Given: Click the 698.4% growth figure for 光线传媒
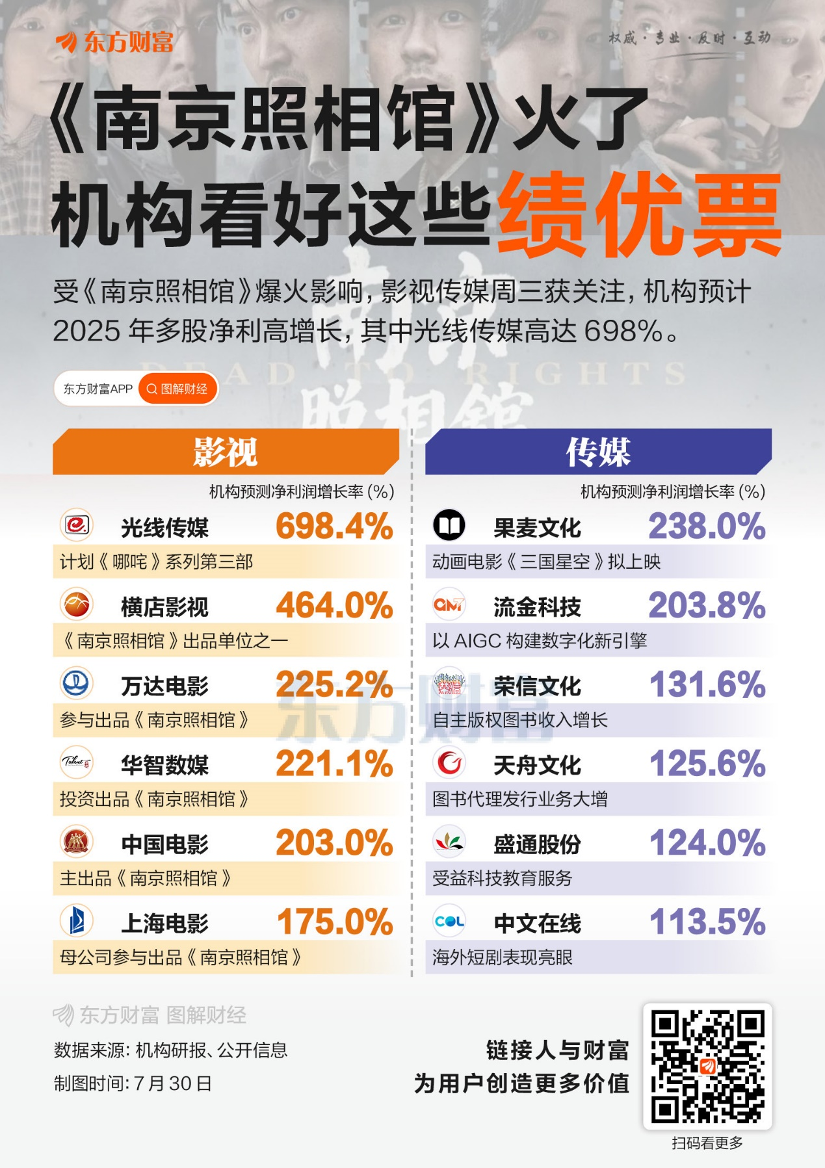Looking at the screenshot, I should pos(334,526).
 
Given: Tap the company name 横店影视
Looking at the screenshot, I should pos(164,607).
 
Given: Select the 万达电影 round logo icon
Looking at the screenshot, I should pos(77,683).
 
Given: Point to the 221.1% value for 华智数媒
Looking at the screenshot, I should pos(334,764).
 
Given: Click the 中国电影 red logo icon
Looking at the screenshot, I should pos(77,842).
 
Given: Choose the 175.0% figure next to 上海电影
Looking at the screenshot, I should pos(335,922).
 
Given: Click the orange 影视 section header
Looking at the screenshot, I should pos(225,452).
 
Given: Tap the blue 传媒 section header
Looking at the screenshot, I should pos(597,452).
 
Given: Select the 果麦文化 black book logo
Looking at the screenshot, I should pos(449,525).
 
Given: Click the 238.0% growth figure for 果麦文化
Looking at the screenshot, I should pos(707,526).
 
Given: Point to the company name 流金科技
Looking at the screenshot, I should pos(537,607).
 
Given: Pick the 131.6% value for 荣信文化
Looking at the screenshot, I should pos(707,685).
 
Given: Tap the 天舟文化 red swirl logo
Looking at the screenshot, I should pos(449,762).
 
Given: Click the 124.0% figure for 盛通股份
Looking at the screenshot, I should pos(707,843).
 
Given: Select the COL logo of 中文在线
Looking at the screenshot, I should pos(449,921).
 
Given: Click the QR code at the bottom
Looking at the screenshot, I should pos(707,1066).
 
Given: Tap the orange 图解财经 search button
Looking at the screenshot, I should pos(177,389).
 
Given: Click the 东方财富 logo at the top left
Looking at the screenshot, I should pos(115,42).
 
